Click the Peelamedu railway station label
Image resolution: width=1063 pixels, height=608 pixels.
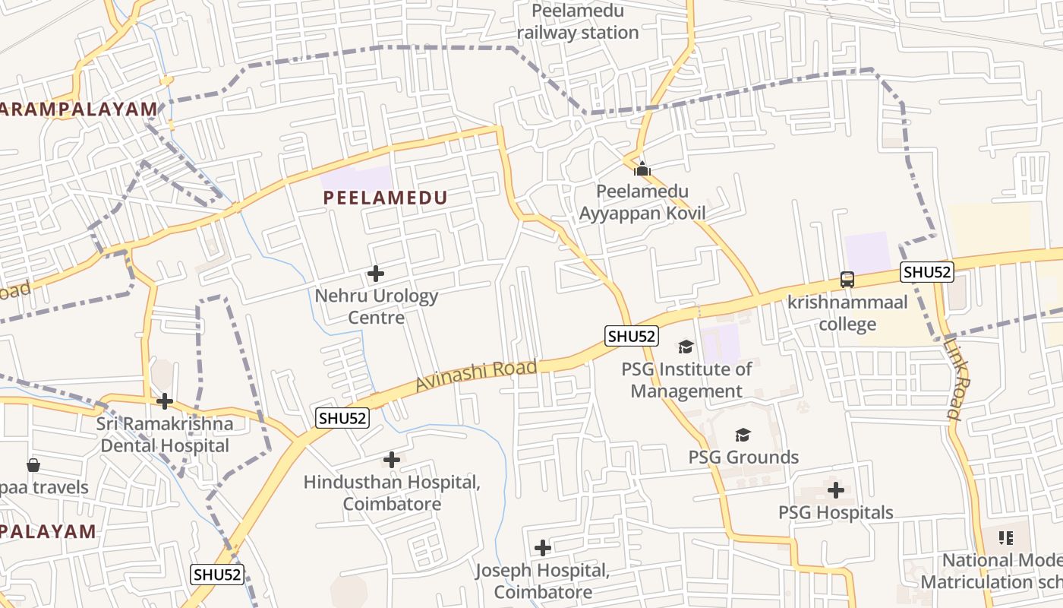point(578,22)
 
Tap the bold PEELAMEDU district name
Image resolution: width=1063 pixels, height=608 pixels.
point(385,198)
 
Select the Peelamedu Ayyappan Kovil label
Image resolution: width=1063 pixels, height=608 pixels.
point(642,202)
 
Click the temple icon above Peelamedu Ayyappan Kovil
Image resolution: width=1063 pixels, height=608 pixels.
point(642,169)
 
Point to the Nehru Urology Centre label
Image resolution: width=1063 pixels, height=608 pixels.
point(377,306)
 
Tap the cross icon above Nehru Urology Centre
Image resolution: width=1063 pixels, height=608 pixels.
point(375,274)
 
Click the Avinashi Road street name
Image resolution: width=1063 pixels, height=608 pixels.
point(476,375)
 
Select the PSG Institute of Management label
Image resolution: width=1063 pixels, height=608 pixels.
point(686,380)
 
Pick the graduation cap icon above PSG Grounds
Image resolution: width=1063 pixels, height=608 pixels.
point(743,435)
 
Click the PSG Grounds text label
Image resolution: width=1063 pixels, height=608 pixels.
point(743,458)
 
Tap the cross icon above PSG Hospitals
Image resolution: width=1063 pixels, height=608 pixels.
point(836,490)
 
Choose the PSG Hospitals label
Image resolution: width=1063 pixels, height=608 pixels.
point(836,513)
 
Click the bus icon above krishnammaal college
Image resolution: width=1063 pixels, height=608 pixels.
point(847,280)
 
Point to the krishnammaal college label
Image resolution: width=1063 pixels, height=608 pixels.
point(847,313)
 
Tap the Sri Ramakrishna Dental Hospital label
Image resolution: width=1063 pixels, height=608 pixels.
point(165,435)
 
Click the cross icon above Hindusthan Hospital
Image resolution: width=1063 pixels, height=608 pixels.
point(392,460)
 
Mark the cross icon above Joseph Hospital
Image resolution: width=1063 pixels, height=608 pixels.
point(543,547)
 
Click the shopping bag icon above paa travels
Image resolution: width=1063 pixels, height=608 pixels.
point(33,464)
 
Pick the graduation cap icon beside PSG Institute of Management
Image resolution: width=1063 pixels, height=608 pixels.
point(686,347)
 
